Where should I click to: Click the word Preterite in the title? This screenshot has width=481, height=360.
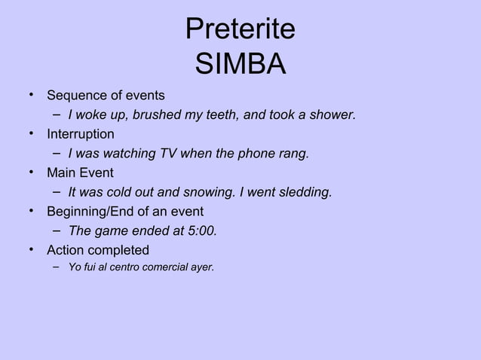[240, 30]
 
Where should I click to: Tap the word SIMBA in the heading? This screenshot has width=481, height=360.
[240, 64]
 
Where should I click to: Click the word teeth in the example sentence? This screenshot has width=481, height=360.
[213, 115]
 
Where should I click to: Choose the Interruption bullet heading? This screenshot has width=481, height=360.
[81, 134]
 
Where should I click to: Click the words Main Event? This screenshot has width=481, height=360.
[80, 173]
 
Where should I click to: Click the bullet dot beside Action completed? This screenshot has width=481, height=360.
[32, 249]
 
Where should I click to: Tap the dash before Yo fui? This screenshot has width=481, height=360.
[57, 266]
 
